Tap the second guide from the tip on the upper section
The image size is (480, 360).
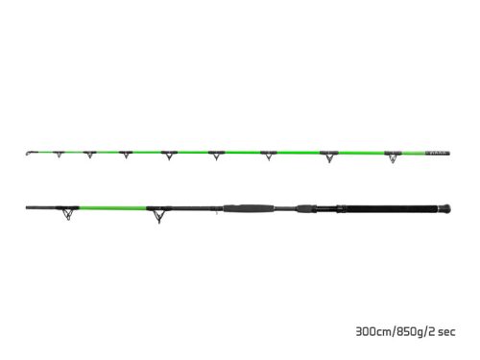(x=58, y=154)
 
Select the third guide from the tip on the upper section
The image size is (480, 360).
(x=90, y=154)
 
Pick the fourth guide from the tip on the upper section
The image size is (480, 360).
(x=126, y=155)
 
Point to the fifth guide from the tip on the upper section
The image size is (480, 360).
(x=169, y=156)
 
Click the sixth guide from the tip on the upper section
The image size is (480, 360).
(x=216, y=156)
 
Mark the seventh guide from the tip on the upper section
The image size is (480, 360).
(x=269, y=156)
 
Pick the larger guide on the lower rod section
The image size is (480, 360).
(x=156, y=214)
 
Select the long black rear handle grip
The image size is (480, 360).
(x=394, y=206)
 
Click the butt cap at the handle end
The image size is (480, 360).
(x=447, y=206)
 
